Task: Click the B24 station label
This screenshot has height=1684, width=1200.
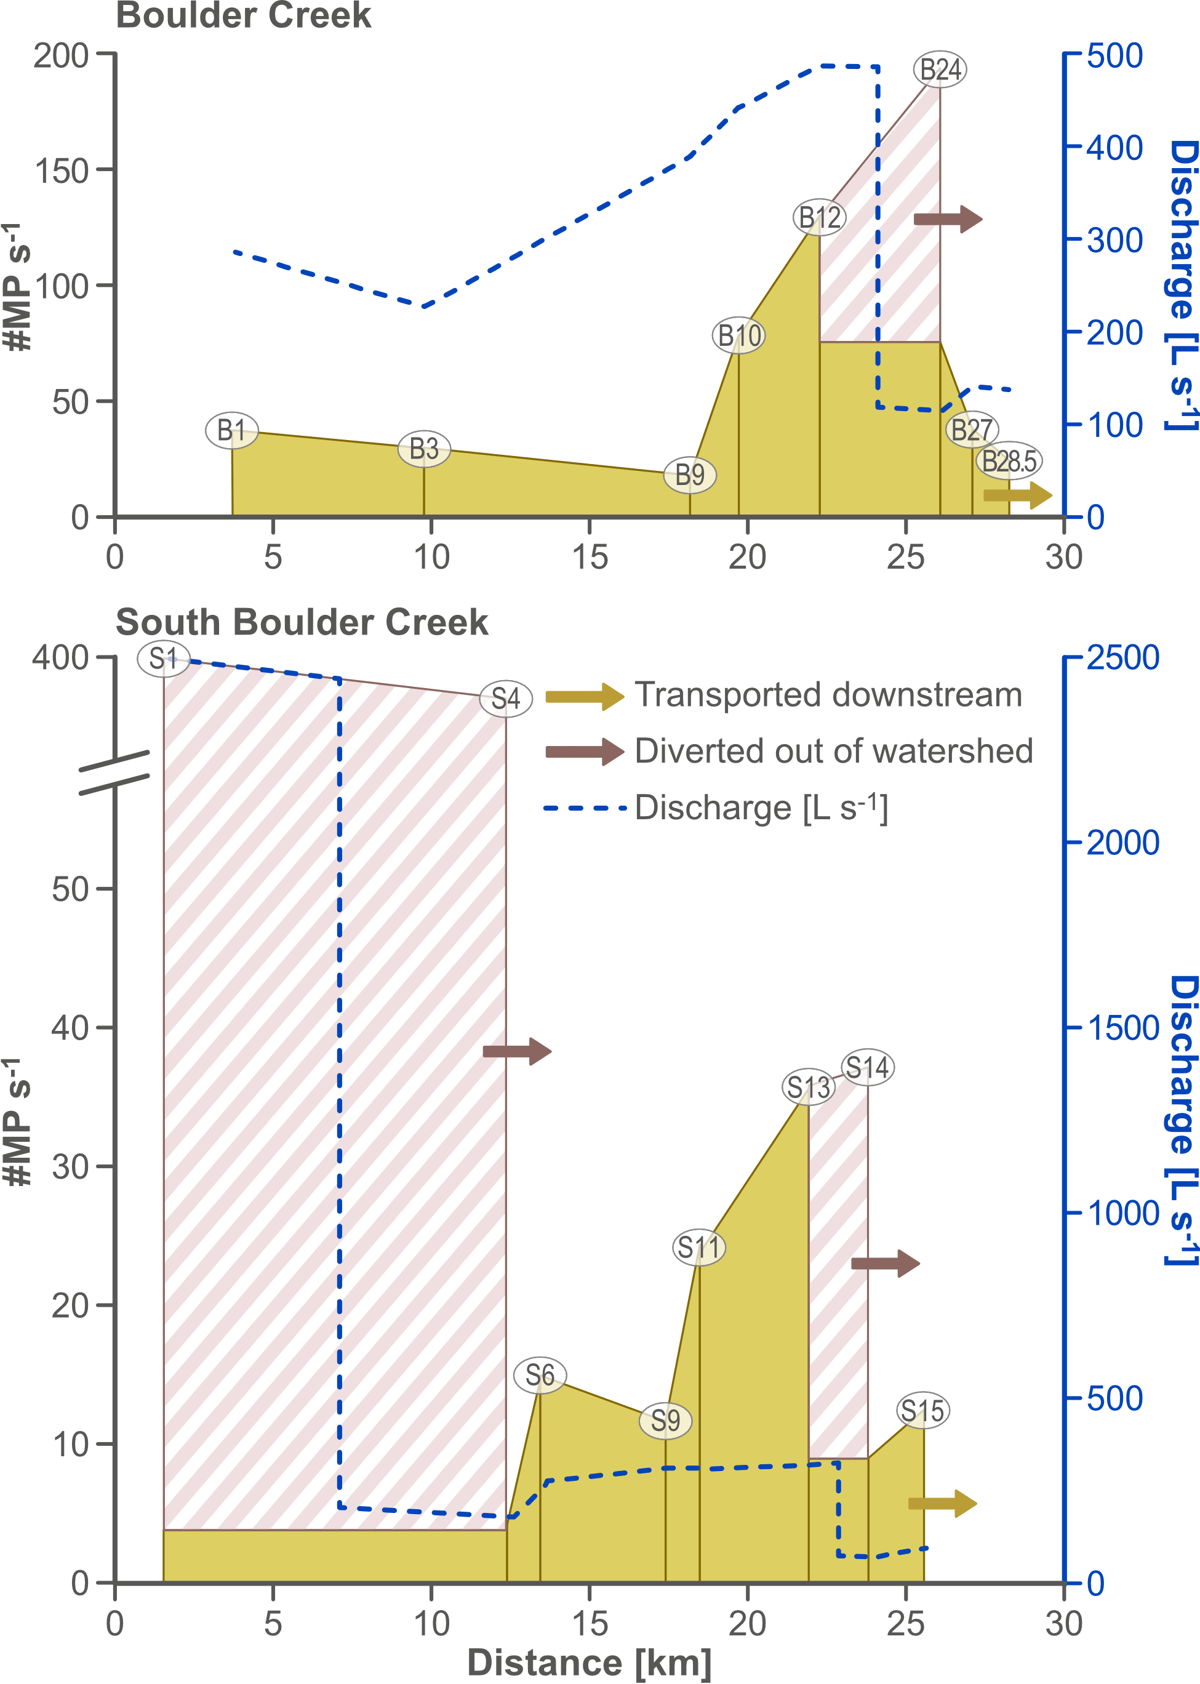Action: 940,70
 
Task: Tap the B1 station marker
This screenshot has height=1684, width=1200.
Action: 231,430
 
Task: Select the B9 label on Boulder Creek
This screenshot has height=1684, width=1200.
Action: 689,475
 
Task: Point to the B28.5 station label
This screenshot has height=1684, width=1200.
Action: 1009,461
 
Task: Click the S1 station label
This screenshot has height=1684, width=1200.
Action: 163,657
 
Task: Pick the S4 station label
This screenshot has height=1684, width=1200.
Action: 505,698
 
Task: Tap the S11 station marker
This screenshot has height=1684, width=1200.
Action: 698,1247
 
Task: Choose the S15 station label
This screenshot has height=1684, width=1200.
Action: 922,1411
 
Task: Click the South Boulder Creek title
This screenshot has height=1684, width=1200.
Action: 302,622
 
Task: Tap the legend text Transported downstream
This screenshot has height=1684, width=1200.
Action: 828,694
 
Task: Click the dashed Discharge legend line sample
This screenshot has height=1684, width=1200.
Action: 584,808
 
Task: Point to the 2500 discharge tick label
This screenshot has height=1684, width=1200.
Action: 1122,657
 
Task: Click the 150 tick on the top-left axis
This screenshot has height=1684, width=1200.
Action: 62,170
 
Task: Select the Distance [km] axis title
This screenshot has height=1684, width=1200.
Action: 589,1662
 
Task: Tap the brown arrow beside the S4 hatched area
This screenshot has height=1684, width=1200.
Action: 518,1051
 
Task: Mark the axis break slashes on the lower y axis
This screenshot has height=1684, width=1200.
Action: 114,772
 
